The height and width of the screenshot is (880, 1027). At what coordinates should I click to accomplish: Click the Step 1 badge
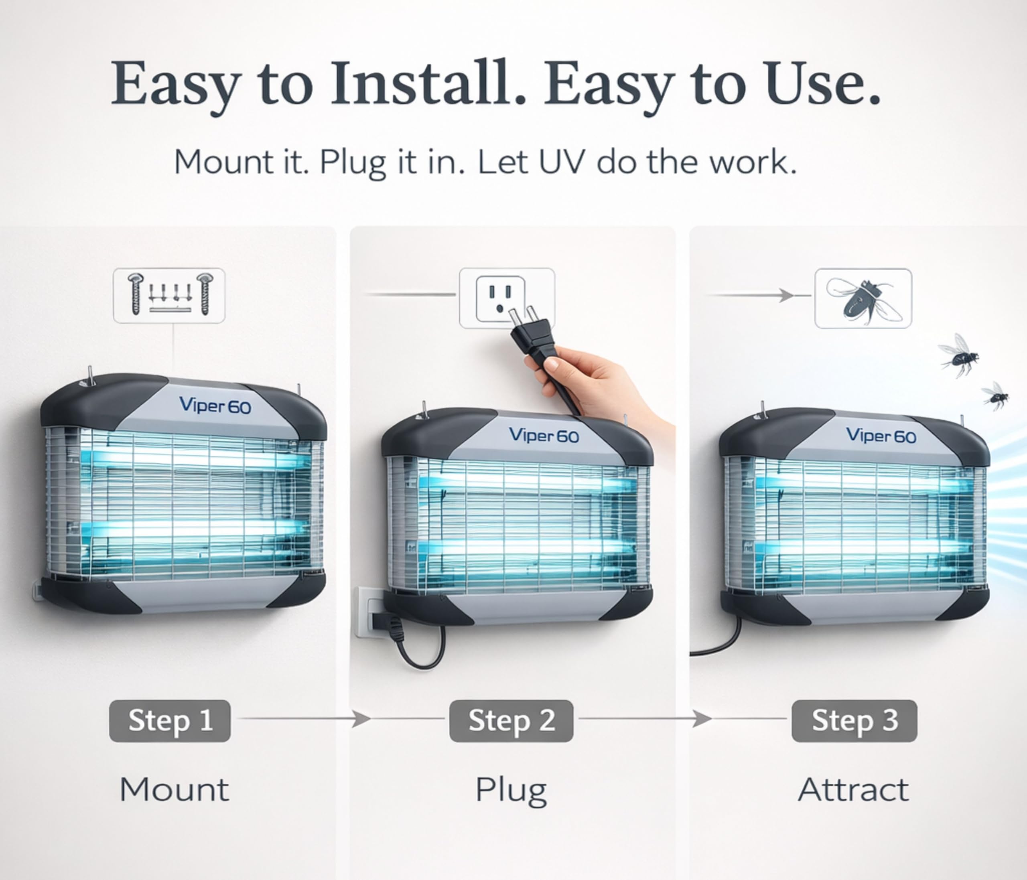[170, 720]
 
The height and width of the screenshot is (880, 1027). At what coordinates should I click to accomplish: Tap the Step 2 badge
[511, 720]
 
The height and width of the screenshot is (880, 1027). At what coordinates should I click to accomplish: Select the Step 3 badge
[854, 720]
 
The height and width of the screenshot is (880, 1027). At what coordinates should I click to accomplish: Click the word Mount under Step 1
[175, 790]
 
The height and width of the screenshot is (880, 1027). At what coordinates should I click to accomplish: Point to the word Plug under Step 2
[511, 792]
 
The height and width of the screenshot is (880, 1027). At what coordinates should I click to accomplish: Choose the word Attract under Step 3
[854, 790]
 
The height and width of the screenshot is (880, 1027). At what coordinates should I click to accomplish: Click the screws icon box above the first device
[169, 296]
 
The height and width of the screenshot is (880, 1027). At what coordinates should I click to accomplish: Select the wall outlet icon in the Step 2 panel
[501, 299]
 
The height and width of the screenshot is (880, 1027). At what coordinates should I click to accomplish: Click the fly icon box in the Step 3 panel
[863, 298]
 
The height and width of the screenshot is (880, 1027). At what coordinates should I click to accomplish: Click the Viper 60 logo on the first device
[215, 406]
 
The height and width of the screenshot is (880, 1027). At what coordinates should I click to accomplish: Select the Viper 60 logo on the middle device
[544, 435]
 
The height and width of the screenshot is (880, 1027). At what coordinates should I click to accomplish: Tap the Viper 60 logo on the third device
[881, 435]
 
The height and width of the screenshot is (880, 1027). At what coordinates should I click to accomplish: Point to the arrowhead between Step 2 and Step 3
[702, 718]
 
